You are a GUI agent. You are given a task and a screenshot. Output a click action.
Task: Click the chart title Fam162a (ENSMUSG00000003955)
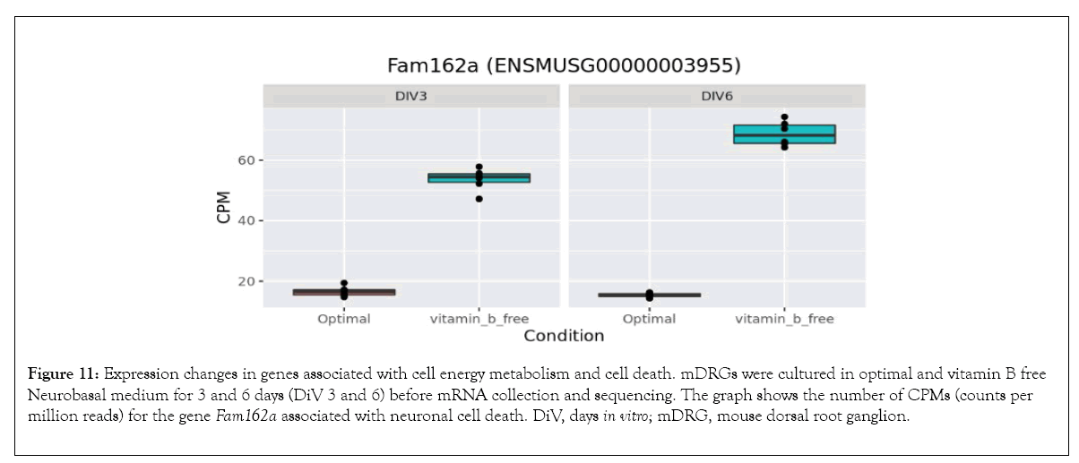click(565, 66)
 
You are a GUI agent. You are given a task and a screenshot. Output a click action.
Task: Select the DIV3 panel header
click(412, 96)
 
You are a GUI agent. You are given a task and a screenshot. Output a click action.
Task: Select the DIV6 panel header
click(718, 96)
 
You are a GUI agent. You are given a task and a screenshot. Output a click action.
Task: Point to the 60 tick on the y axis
click(247, 160)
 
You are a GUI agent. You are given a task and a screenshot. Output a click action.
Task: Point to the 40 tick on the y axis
click(247, 220)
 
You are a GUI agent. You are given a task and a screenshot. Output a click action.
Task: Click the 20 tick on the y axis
click(247, 281)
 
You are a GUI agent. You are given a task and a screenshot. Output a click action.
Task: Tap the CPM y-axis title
click(224, 208)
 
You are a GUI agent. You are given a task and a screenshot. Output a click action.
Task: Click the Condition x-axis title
click(564, 337)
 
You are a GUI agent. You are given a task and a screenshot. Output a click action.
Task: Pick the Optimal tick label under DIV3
click(344, 319)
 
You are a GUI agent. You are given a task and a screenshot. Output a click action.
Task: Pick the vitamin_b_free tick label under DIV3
click(479, 319)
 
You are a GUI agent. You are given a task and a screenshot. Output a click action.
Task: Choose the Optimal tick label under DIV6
click(649, 319)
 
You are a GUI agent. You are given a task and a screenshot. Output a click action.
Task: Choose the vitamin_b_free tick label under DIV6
click(784, 319)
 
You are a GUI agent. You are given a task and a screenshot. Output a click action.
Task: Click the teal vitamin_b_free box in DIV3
click(479, 177)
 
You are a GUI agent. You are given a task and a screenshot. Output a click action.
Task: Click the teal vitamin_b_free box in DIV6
click(784, 134)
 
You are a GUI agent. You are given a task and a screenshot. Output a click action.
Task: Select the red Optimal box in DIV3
click(344, 292)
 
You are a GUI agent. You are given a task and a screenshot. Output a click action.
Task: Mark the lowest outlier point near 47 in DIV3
click(479, 199)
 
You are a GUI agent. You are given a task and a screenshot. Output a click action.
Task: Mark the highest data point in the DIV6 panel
click(784, 117)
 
